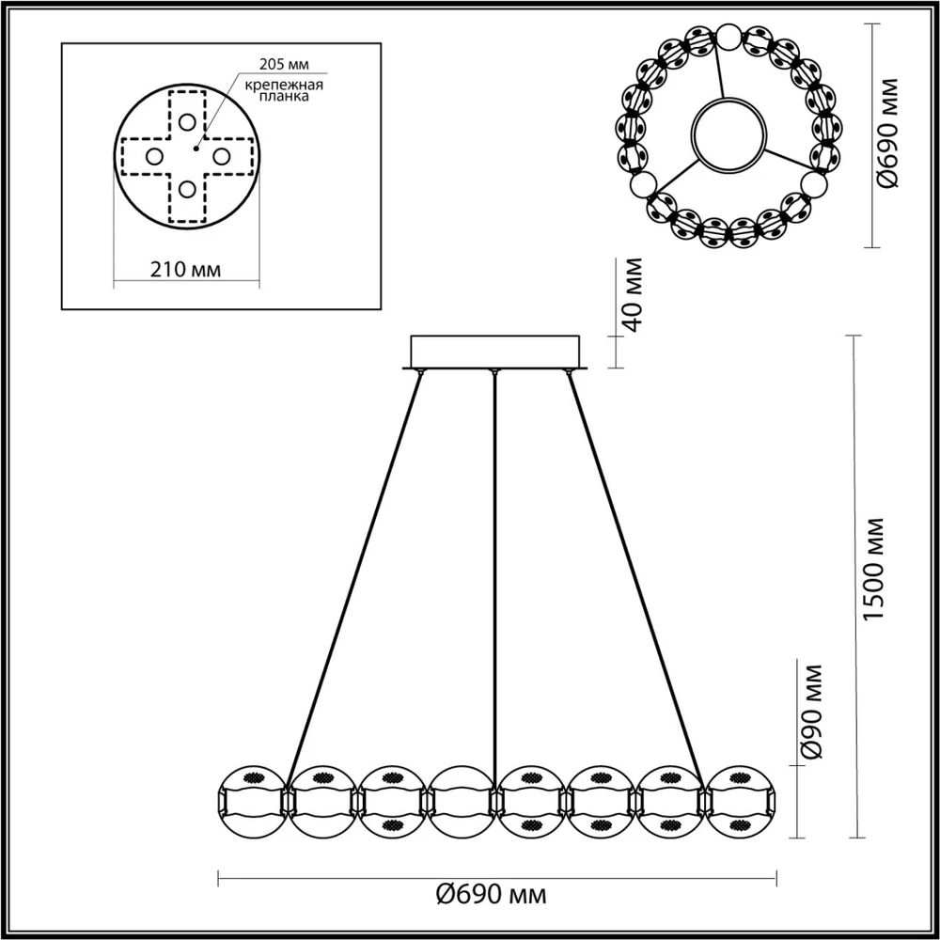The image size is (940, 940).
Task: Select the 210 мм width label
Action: click(185, 270)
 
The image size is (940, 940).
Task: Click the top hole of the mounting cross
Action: click(188, 122)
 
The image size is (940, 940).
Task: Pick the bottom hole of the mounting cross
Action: click(188, 190)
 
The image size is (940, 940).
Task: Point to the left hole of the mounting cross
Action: click(154, 157)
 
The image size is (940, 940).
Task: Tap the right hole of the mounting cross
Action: click(222, 157)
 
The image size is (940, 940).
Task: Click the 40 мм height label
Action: click(632, 293)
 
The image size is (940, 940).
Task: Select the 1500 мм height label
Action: click(875, 569)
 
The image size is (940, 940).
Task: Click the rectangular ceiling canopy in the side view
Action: click(495, 352)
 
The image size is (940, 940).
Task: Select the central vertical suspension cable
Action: click(494, 564)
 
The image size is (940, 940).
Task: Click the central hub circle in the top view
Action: click(728, 136)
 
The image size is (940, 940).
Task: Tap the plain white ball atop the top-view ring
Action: click(728, 38)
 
